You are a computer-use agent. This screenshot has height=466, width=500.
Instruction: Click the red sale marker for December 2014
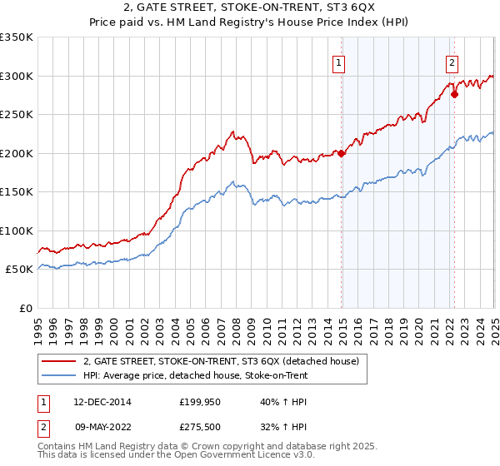click(342, 153)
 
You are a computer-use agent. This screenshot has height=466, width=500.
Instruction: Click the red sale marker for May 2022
click(454, 95)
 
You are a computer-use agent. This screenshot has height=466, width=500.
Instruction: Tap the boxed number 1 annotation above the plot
click(340, 62)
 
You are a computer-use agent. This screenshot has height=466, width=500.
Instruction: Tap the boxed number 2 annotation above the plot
click(452, 62)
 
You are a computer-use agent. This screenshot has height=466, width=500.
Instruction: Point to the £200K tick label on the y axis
click(17, 153)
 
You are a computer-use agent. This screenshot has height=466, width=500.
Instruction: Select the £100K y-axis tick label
click(17, 231)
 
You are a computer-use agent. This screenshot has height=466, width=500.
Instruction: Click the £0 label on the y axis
click(26, 308)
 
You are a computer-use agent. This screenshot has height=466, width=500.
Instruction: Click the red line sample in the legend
click(58, 361)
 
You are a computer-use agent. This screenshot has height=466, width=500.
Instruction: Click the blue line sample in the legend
click(58, 375)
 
